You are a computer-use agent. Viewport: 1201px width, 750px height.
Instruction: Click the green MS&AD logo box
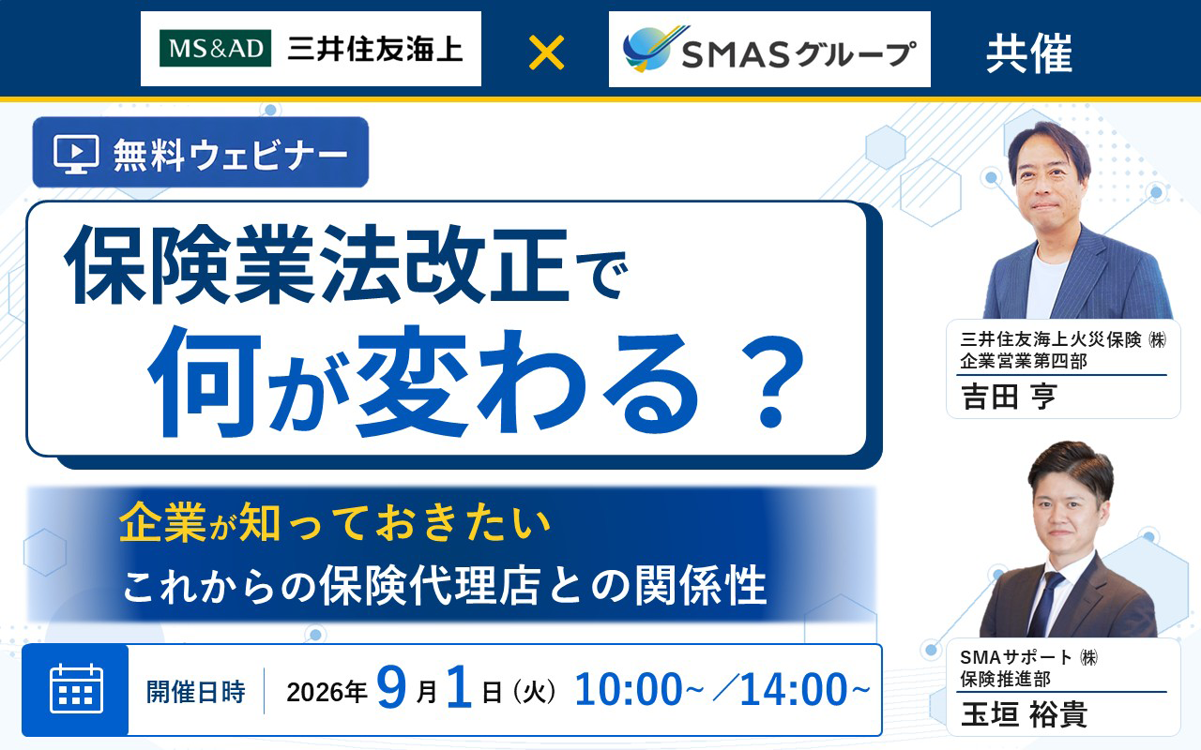coord(215,49)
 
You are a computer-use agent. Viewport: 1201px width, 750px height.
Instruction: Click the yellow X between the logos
coord(546,52)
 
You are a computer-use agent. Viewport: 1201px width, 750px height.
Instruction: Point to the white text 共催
coord(1029,53)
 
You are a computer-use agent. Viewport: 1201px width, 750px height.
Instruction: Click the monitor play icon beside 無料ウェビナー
coord(76,155)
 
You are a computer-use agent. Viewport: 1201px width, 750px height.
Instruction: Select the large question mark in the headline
coord(770,383)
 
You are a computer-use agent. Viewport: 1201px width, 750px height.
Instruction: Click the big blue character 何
coord(205,382)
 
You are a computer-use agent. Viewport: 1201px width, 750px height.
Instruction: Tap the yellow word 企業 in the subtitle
coord(162,522)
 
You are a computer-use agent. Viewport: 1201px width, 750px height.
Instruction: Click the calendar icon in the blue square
coord(76,689)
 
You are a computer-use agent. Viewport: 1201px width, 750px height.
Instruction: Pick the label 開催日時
coord(196,692)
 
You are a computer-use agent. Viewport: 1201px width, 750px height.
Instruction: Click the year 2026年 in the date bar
coord(327,692)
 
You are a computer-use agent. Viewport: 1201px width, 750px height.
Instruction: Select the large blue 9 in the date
coord(391,687)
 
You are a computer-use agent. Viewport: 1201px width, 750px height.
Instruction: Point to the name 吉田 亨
coord(1009,397)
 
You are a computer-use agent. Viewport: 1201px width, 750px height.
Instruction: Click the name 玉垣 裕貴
coord(1024,714)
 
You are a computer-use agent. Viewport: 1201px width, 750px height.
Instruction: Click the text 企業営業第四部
coord(1024,362)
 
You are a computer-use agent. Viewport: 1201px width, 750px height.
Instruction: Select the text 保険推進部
coord(1005,680)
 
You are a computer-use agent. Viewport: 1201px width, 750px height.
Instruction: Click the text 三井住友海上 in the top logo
coord(375,50)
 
